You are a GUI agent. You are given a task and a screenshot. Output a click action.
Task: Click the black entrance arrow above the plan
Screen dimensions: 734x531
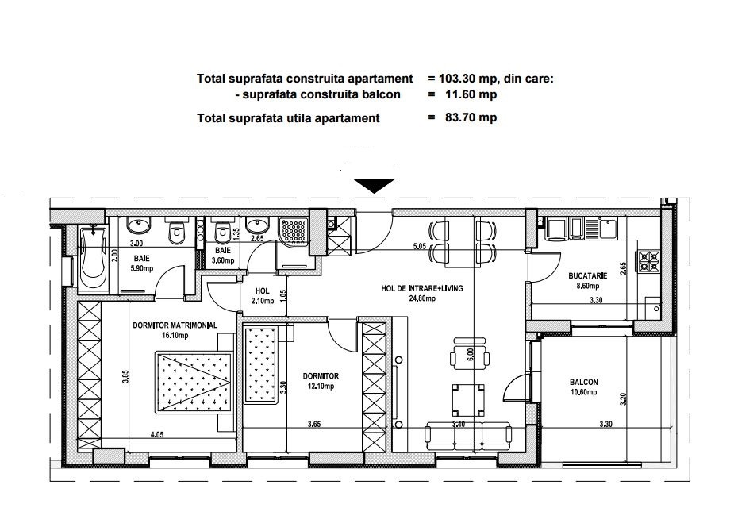click(374, 186)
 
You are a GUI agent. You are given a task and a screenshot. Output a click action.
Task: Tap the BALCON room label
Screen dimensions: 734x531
click(584, 382)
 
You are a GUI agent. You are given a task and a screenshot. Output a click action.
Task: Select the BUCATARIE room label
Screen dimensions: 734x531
click(587, 276)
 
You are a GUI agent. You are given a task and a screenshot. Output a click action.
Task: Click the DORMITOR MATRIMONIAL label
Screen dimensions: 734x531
click(175, 325)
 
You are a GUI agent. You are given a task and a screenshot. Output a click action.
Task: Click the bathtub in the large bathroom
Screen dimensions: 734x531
click(93, 256)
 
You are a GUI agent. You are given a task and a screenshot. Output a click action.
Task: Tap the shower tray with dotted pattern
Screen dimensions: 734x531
click(294, 231)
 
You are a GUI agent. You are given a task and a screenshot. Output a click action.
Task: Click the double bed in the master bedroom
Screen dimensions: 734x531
click(194, 382)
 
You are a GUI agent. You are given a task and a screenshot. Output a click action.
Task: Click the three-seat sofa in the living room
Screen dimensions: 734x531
click(469, 437)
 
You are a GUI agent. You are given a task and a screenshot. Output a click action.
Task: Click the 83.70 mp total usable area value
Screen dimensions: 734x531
click(471, 117)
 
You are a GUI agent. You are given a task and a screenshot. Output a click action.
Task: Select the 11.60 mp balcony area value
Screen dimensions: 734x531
click(471, 94)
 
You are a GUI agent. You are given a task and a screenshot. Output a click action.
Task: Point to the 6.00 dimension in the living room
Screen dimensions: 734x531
click(471, 355)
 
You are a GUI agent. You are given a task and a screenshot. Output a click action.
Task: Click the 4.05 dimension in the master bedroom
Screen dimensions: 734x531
click(157, 434)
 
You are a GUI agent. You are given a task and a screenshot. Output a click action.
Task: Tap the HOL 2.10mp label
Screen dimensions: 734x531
click(262, 296)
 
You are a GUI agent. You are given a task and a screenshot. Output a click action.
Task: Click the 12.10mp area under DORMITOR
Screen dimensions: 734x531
click(321, 387)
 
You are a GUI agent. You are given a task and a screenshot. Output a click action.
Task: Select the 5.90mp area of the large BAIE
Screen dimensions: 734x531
click(143, 269)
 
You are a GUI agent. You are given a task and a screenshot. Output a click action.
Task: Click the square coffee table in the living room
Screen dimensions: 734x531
click(467, 399)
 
